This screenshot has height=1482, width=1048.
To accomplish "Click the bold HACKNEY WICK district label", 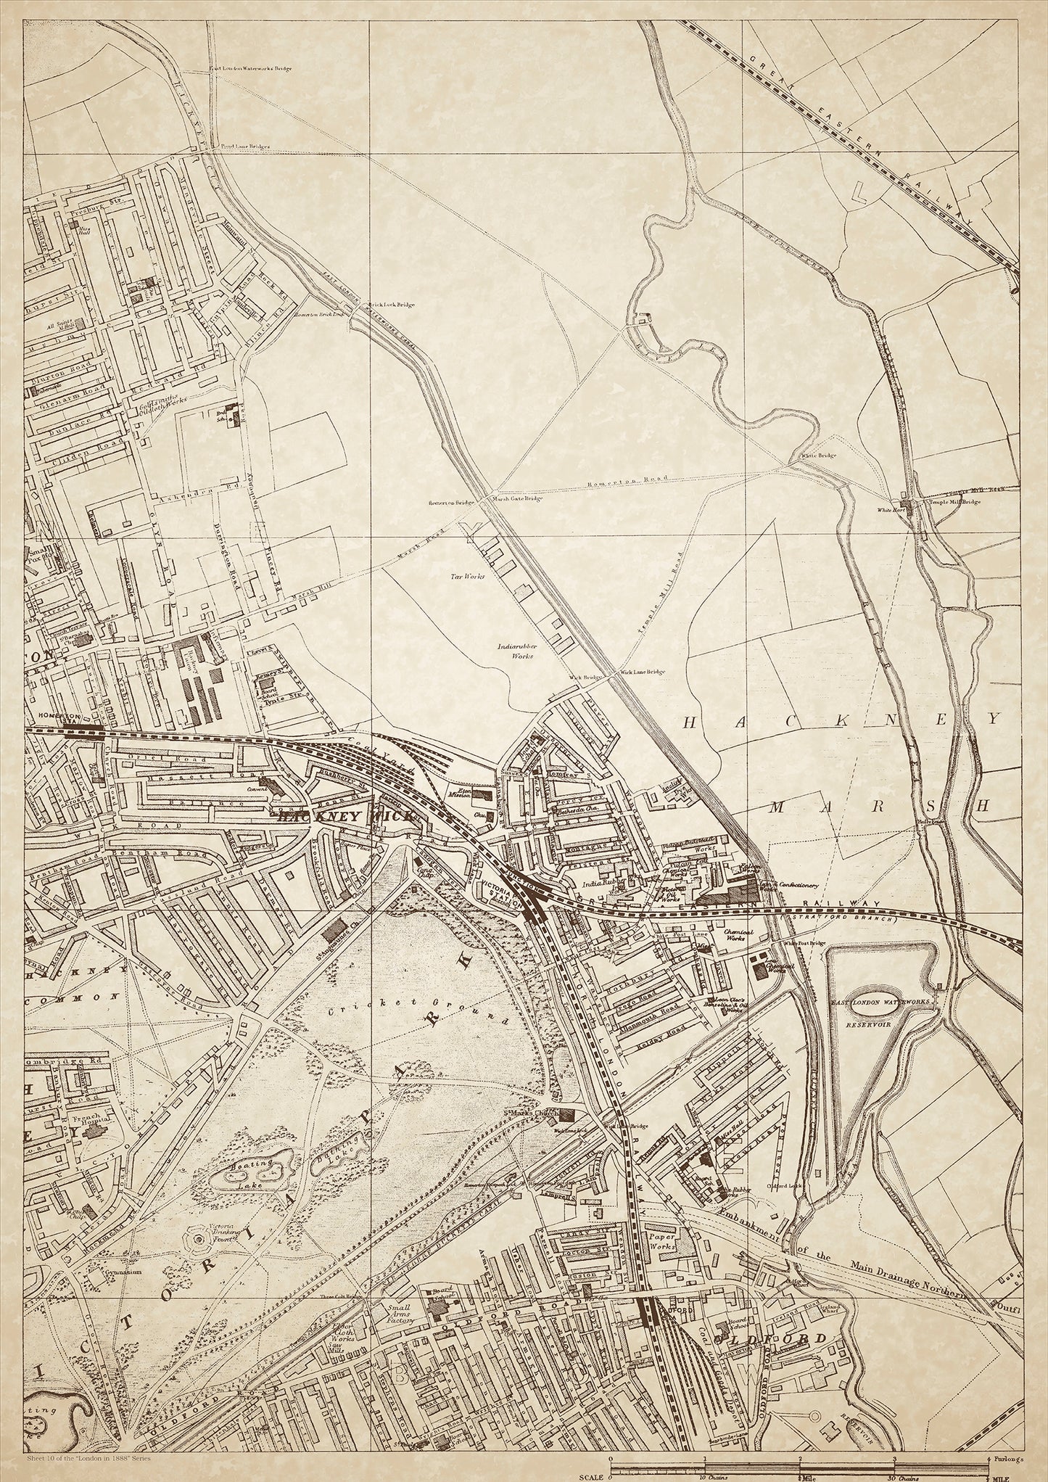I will [x=347, y=815].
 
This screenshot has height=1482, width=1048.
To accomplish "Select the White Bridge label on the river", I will [x=818, y=456].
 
